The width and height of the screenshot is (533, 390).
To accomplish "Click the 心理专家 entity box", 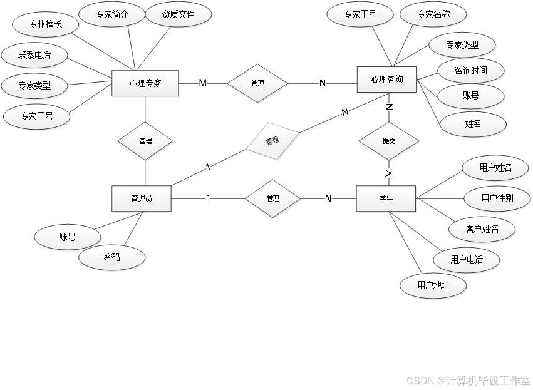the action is coord(145,83).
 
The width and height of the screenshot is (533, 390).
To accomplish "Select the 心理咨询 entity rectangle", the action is coord(386,80).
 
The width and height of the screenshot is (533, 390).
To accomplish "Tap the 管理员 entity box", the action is coord(142,199).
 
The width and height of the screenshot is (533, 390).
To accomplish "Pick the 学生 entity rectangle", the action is coord(386,199).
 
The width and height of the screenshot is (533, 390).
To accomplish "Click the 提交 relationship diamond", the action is coord(389,141).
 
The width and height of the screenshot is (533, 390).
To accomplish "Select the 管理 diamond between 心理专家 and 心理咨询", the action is coord(257,83).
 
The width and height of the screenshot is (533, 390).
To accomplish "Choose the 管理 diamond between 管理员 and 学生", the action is coord(272,199).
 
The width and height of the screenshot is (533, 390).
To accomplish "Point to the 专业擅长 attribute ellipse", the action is coord(46,26).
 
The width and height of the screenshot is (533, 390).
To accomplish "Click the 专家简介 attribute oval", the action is coord(113,14).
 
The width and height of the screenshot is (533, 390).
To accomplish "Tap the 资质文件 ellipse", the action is coord(178,14).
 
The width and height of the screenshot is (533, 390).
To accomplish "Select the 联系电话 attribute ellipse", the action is coord(35,55).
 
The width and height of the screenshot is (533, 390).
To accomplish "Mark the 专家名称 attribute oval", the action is coord(433,14).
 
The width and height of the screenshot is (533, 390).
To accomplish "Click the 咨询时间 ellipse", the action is coord(470,71).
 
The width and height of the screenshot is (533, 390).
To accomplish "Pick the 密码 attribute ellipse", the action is coord(112,257).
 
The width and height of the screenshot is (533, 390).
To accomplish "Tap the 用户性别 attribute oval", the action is coord(497,198).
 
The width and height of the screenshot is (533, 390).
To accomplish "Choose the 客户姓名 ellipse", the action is coord(482,229).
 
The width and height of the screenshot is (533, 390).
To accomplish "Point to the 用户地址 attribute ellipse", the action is coord(433,285).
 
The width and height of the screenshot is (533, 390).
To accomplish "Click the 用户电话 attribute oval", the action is coord(467,259).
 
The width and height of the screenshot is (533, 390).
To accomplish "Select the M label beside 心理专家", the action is coord(202,83).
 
